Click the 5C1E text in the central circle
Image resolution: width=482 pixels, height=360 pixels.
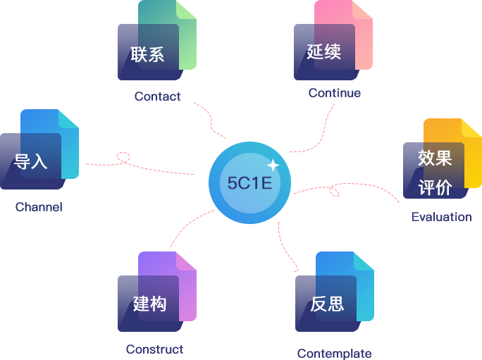coord(249,182)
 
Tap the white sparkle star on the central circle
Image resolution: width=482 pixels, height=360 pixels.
coord(273,165)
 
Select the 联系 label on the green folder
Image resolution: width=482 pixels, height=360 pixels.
coord(147,54)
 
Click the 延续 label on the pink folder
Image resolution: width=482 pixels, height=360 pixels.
coord(323,51)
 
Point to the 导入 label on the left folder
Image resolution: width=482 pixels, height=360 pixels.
coord(31,161)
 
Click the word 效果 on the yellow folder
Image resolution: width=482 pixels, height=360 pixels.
coord(434,158)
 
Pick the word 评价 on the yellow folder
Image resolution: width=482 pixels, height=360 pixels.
coord(434,187)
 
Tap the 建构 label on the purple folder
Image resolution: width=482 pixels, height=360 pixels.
coord(149,304)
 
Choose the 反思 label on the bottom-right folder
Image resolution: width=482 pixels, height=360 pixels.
coord(327,304)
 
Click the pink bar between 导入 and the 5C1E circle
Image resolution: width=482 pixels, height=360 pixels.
coord(139,163)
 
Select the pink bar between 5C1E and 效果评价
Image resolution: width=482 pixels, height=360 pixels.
coord(346,193)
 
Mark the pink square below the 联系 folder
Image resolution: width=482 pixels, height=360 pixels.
coord(209,120)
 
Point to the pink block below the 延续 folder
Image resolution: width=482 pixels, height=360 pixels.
coord(311,128)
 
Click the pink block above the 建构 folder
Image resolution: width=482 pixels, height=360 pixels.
coord(192,229)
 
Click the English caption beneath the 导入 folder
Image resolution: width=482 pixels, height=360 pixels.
coord(39,207)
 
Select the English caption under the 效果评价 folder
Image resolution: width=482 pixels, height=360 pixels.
coord(442,217)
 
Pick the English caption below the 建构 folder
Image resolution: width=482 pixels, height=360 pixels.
coord(154,349)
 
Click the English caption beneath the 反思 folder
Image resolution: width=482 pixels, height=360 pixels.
coord(333,353)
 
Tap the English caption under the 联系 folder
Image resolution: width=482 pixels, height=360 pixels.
coord(157,95)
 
